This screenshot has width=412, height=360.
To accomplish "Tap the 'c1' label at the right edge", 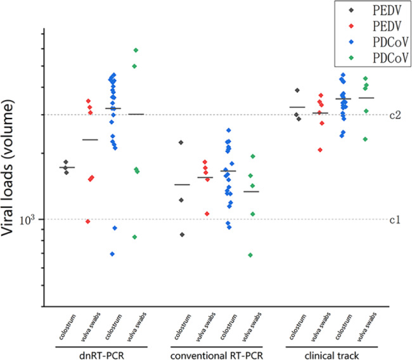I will (x=394, y=220).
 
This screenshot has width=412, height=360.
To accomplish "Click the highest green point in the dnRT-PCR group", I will (x=136, y=50).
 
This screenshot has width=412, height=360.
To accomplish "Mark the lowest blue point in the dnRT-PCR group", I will (x=113, y=254).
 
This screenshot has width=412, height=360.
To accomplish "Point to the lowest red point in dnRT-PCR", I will (x=88, y=221).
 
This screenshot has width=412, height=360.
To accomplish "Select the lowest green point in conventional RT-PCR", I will (x=251, y=255).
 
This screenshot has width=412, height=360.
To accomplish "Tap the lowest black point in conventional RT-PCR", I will (x=183, y=235).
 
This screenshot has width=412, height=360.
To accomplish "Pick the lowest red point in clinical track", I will (x=320, y=150).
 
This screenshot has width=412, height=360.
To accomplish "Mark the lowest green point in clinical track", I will (x=365, y=139).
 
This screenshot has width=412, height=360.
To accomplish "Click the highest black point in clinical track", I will (x=297, y=90).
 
